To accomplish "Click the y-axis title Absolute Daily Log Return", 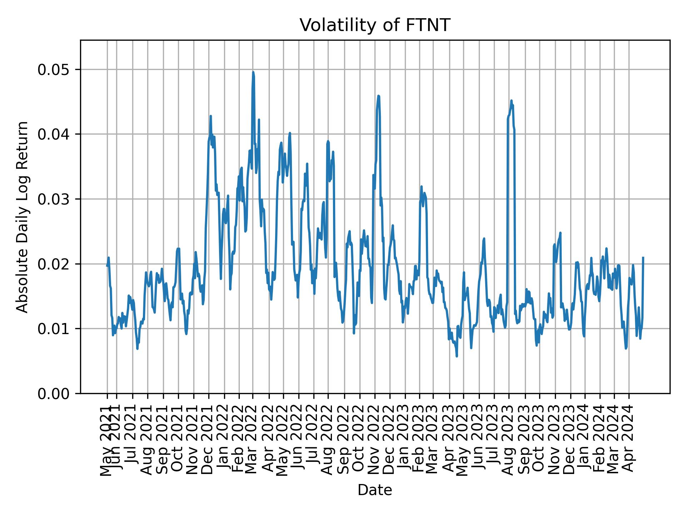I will point(23,217).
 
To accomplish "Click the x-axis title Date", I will point(375,490).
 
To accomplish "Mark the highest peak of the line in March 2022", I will point(253,72).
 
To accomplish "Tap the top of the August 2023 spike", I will point(511,101).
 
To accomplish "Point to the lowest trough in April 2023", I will point(457,356).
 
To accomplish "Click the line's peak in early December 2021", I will point(211,116).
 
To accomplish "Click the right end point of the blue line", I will point(643,257).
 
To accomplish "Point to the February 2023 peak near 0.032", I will point(422,186).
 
